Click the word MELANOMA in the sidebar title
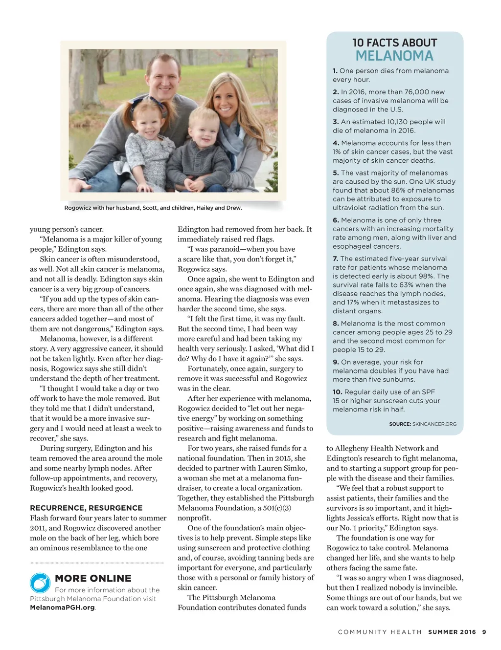tap(394, 56)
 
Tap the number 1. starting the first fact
tap(335, 71)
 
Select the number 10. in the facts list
tap(338, 392)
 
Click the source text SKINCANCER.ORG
tap(434, 424)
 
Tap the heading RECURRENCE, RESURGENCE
tap(86, 508)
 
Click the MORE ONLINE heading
tap(93, 579)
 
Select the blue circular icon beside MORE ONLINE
tap(40, 583)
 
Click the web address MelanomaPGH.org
tap(62, 607)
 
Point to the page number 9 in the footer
tap(484, 632)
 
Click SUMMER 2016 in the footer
tap(452, 632)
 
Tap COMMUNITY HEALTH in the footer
tap(380, 632)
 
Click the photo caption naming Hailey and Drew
tap(153, 208)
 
